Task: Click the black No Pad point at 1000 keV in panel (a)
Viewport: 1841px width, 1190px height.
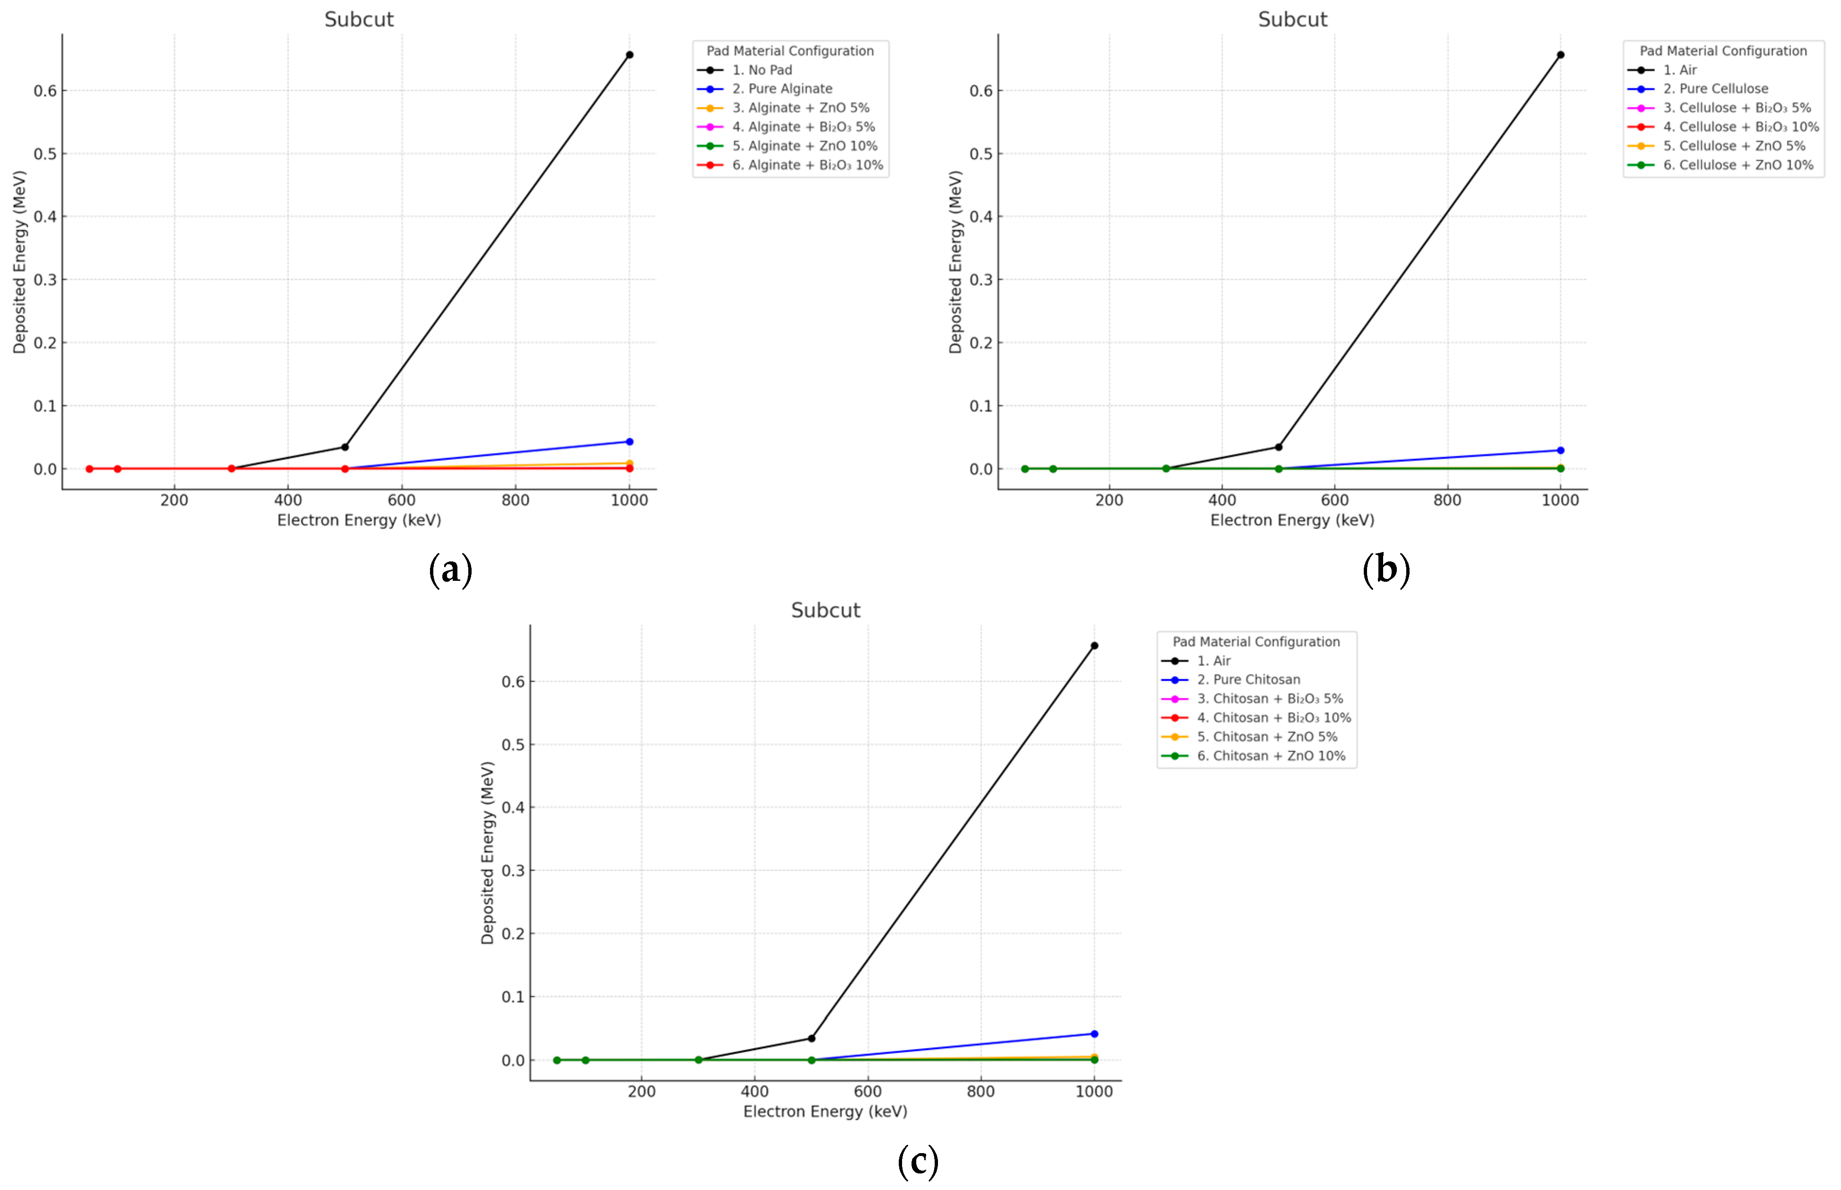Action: pyautogui.click(x=629, y=55)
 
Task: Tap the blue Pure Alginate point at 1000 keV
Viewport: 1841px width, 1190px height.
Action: pyautogui.click(x=629, y=442)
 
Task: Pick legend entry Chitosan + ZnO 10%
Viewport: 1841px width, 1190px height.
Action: pyautogui.click(x=1271, y=756)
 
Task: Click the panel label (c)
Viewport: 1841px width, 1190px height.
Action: pyautogui.click(x=918, y=1161)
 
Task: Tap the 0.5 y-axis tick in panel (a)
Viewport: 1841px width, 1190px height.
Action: pyautogui.click(x=45, y=154)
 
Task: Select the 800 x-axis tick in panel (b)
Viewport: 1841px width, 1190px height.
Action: pyautogui.click(x=1447, y=500)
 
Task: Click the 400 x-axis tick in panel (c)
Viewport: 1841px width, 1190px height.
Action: pyautogui.click(x=754, y=1091)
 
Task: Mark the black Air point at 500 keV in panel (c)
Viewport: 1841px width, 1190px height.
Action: pyautogui.click(x=811, y=1038)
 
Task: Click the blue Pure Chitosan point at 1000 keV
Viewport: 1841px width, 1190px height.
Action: pyautogui.click(x=1094, y=1034)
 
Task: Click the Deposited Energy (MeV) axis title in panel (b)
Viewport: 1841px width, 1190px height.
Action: pyautogui.click(x=955, y=262)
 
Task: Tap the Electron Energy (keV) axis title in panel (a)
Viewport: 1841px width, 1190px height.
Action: pyautogui.click(x=359, y=520)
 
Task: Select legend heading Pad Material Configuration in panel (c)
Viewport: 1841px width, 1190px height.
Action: pyautogui.click(x=1256, y=641)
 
